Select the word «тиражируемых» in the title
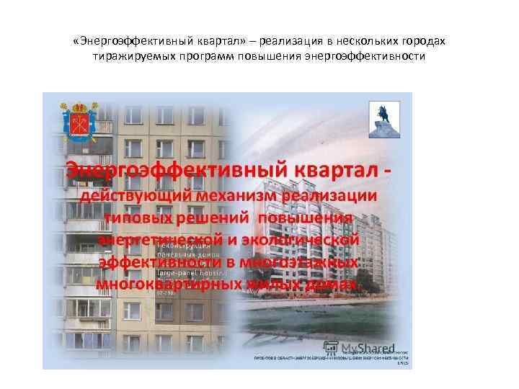coord(130,55)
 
